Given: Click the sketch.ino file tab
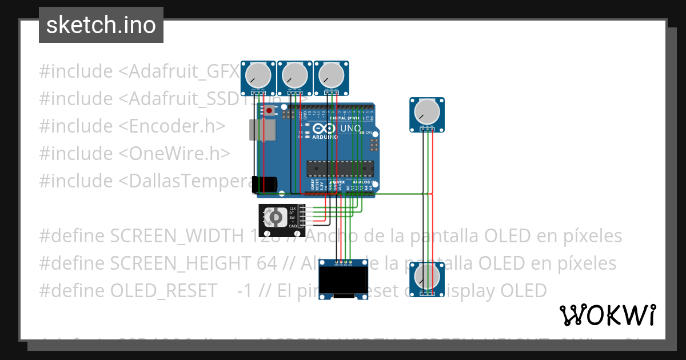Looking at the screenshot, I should (x=101, y=25).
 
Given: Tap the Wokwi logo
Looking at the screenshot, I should (x=607, y=315).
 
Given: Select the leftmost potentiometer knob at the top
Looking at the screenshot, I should (x=258, y=75).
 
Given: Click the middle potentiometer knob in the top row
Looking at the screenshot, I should (x=295, y=75).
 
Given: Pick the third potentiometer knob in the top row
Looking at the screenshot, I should (x=331, y=75).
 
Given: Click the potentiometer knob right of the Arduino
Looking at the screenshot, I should (x=427, y=111).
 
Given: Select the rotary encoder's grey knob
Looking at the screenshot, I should (x=275, y=217).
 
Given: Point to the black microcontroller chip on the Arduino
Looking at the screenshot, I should (x=340, y=169).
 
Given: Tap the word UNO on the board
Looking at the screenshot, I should (x=350, y=129).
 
